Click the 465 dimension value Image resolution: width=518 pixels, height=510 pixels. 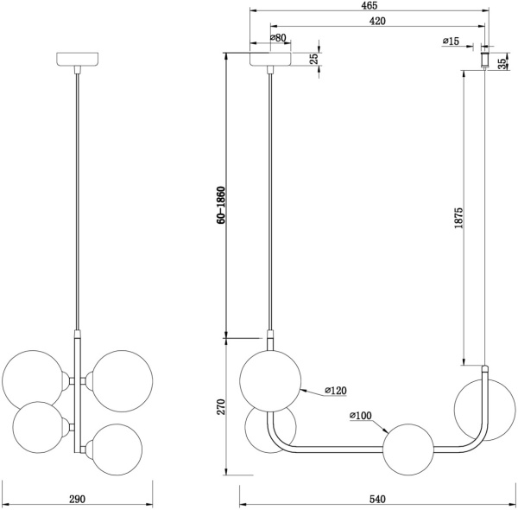(x=370, y=5)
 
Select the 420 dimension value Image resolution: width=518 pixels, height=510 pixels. (x=377, y=21)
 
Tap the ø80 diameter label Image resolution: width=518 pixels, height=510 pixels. (x=278, y=38)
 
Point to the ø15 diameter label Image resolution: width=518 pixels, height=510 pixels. (x=451, y=41)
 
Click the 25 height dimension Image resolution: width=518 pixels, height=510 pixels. (x=314, y=58)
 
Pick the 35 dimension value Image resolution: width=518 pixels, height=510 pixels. (x=502, y=63)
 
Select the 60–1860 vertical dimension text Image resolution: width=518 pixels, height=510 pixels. (x=221, y=205)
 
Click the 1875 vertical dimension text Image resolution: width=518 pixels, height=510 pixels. (x=459, y=218)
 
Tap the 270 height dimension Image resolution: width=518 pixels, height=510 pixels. (x=221, y=407)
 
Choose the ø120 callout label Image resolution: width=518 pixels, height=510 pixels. (x=336, y=391)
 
